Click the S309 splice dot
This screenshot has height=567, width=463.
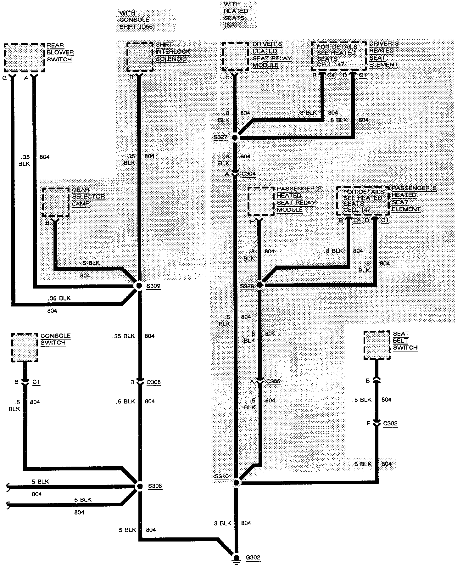138,286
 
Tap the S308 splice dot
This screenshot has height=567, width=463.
140,486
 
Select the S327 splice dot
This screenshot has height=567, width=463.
235,138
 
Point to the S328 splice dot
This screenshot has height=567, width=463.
259,285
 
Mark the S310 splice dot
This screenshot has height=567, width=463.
236,483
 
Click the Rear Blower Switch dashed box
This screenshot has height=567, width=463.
24,58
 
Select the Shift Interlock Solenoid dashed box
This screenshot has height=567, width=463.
140,57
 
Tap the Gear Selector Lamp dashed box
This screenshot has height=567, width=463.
56,202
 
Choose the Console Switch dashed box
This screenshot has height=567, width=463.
25,347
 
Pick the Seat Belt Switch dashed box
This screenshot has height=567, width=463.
377,345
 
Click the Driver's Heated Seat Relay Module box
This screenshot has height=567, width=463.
235,57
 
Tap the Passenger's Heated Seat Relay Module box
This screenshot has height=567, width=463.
261,201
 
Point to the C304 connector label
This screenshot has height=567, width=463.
248,174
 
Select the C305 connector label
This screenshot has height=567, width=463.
273,381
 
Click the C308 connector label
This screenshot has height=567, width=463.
153,383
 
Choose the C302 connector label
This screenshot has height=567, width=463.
390,424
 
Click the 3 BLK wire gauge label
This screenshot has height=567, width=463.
223,523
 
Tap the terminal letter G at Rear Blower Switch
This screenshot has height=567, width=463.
4,78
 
